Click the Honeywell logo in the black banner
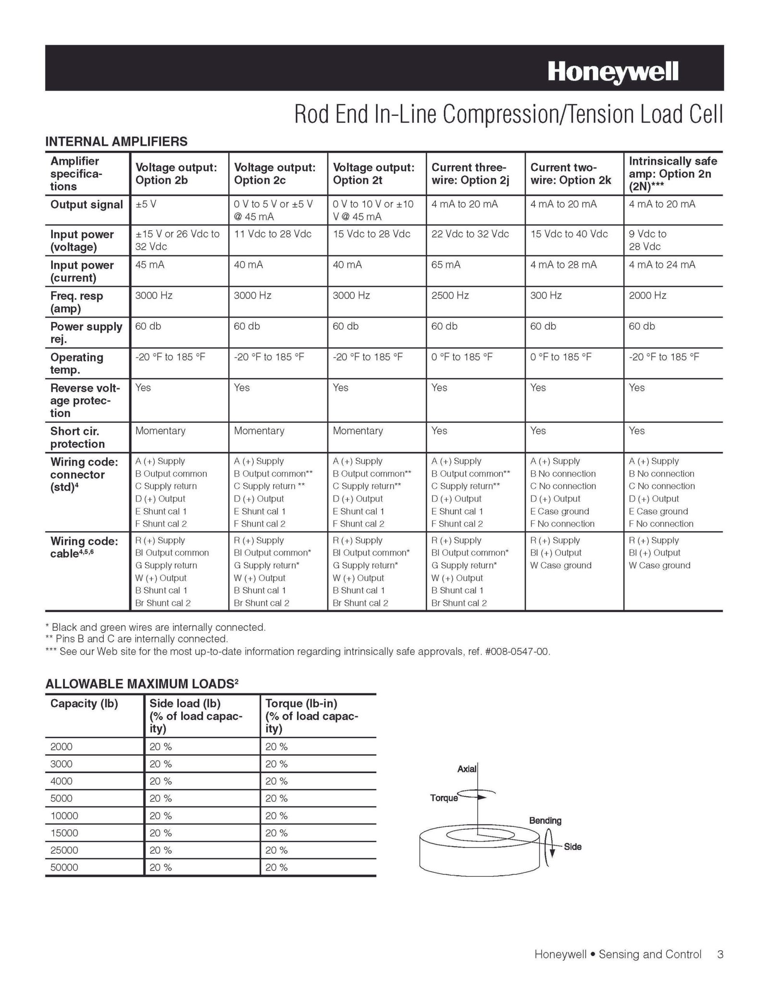(x=613, y=72)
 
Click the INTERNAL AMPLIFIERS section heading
(x=116, y=141)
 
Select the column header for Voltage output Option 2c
(x=274, y=174)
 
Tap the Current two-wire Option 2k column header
(x=571, y=174)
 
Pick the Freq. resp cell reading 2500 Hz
(x=450, y=295)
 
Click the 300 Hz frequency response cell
(x=546, y=295)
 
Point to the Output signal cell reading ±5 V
(x=146, y=204)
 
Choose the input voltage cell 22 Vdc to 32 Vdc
(x=470, y=234)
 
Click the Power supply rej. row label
(x=86, y=332)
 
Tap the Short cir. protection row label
(x=77, y=437)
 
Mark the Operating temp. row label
(x=77, y=363)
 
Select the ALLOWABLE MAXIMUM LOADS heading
(x=142, y=683)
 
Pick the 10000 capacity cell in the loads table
(x=64, y=815)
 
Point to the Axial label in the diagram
(x=467, y=769)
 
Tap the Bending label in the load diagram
(x=545, y=820)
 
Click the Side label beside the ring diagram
(x=572, y=847)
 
